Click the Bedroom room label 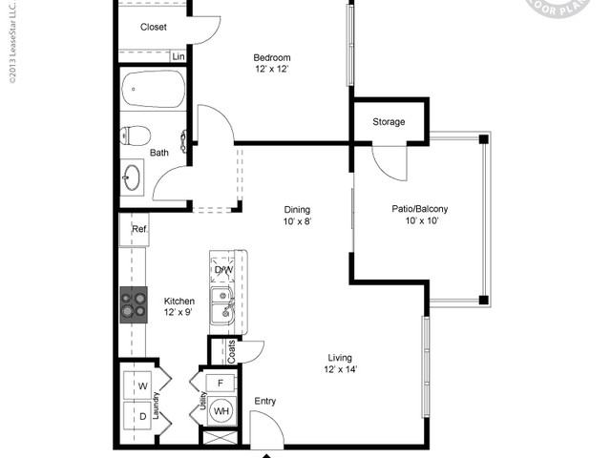[x=272, y=57]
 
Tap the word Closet [x=154, y=28]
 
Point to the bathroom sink [x=132, y=177]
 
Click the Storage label [x=389, y=122]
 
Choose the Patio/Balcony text [x=420, y=209]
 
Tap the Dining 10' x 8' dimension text [x=297, y=221]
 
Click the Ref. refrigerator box [x=139, y=229]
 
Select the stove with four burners [x=134, y=303]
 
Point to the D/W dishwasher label [x=223, y=270]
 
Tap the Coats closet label [x=231, y=350]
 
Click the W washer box [x=141, y=385]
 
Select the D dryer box [x=141, y=417]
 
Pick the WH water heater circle [x=221, y=411]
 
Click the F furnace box [x=221, y=383]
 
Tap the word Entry [x=265, y=402]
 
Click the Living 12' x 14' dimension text [x=340, y=369]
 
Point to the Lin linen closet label [x=178, y=56]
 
